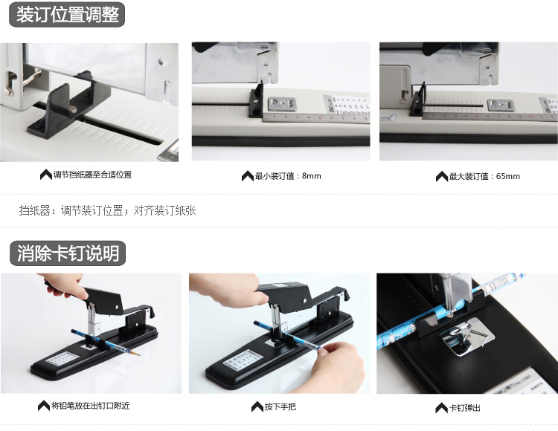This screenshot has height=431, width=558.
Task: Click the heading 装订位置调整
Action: (x=67, y=15)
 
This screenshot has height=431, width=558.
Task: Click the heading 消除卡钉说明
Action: (x=68, y=253)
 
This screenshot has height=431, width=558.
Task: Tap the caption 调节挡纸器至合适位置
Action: (x=92, y=175)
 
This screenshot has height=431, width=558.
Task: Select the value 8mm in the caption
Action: (x=312, y=176)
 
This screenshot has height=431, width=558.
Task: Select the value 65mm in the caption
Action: (x=508, y=176)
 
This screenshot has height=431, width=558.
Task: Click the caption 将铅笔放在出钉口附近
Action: (x=90, y=406)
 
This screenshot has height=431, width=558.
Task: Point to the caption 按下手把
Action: (x=280, y=406)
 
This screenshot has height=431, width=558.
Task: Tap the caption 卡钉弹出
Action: (x=465, y=407)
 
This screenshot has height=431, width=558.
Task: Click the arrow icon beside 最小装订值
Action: (x=247, y=176)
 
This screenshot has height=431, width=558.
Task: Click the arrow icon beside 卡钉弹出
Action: (x=442, y=408)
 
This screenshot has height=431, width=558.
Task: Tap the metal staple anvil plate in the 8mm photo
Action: (x=281, y=105)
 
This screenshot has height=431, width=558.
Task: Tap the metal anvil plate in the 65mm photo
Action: (x=500, y=106)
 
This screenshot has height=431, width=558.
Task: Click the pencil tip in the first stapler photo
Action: (x=138, y=354)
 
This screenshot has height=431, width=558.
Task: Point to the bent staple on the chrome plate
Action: (x=462, y=333)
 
